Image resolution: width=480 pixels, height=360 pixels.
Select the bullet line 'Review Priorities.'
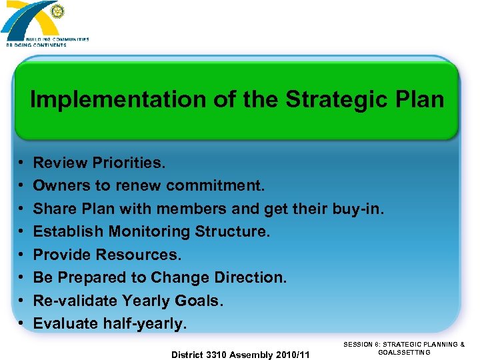click(x=99, y=163)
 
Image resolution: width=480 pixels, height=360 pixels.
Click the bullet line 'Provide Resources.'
click(x=107, y=255)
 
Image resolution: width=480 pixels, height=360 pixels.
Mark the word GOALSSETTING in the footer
click(x=404, y=353)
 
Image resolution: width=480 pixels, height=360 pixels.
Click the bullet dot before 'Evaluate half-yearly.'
click(x=22, y=324)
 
